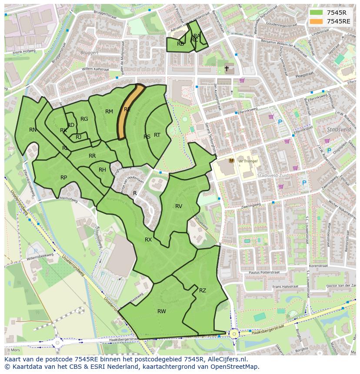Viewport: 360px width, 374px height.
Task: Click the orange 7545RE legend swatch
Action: pos(317,21)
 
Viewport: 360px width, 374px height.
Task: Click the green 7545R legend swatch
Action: pos(317,13)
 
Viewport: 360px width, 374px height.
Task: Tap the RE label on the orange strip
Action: pos(127,109)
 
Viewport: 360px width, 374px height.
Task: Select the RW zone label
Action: pos(162,311)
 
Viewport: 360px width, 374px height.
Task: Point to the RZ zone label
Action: pos(203,290)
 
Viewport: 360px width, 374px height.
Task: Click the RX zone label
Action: pos(148,239)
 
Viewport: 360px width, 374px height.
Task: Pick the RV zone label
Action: pos(179,206)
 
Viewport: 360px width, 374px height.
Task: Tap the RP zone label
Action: pos(64,177)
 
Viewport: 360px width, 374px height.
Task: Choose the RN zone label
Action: pos(33,129)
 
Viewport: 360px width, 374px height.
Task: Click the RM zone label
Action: pos(109,112)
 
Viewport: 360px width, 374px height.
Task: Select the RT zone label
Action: pos(157,135)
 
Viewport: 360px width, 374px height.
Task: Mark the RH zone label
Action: pos(102,170)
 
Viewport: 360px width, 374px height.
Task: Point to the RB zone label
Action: pos(180,43)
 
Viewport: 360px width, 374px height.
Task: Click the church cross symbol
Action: pos(227,69)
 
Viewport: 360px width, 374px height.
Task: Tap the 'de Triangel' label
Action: pos(248,161)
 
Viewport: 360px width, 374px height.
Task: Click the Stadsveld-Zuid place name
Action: pos(270,175)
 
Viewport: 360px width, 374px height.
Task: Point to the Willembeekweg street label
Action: pos(40,258)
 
